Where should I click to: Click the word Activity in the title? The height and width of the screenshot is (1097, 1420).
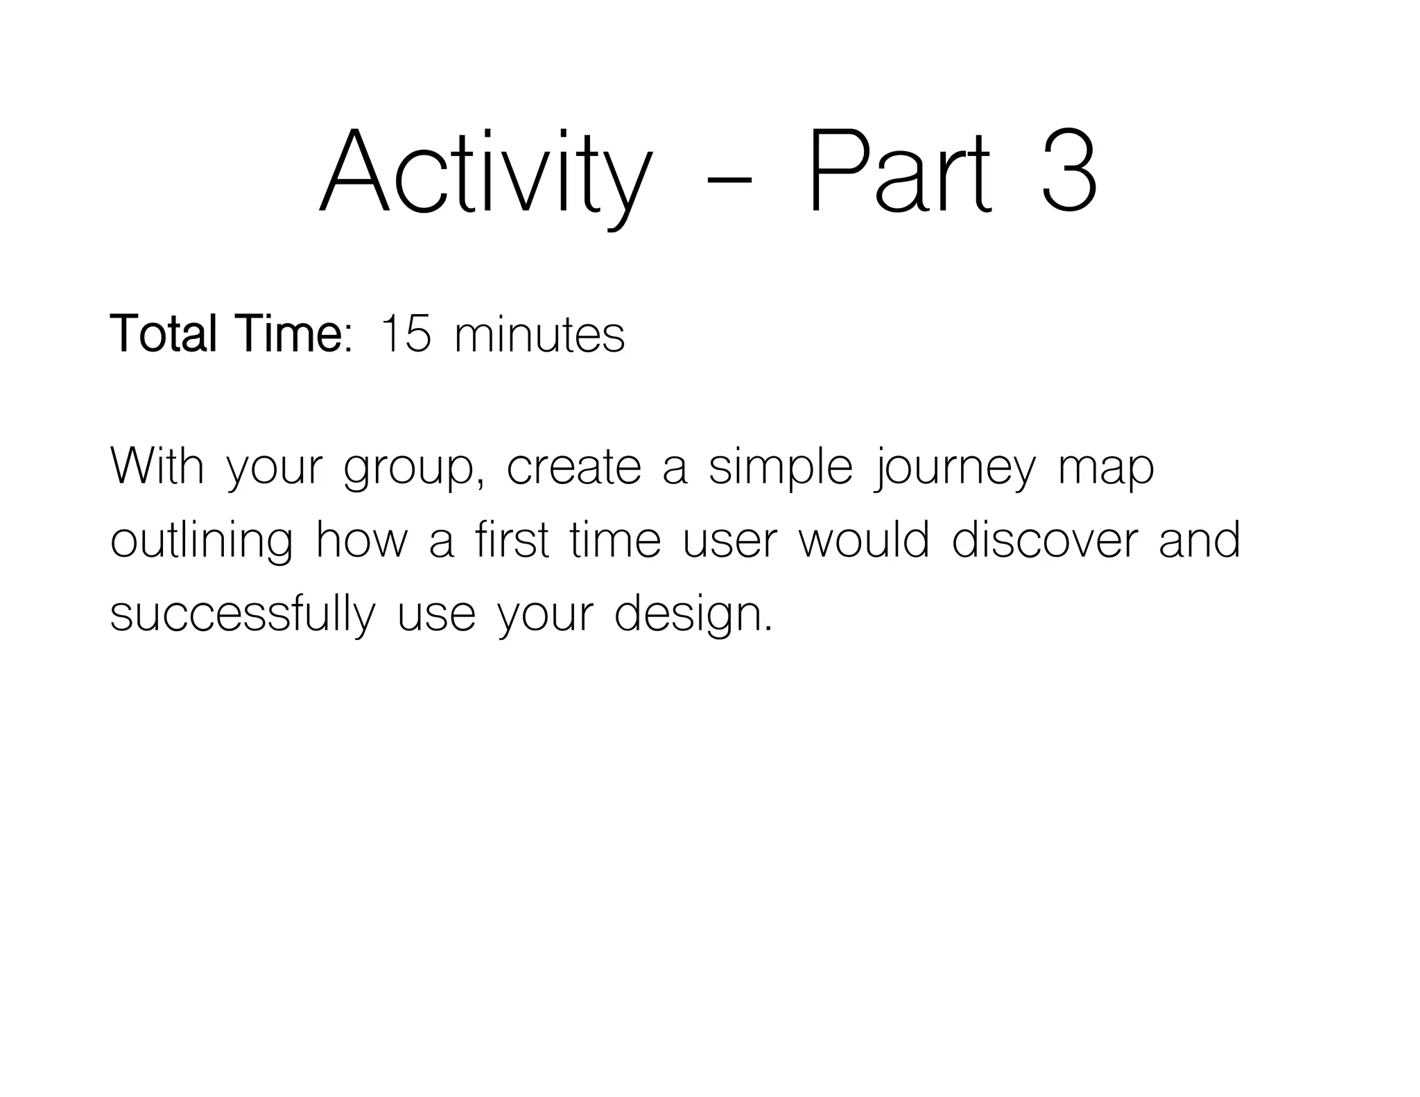485,173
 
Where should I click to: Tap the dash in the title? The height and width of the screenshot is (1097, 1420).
728,182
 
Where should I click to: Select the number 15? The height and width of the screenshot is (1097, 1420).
406,334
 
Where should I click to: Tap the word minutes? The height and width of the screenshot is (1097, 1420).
539,336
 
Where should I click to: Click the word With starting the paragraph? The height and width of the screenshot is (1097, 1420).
157,466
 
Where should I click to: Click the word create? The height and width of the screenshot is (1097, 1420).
574,467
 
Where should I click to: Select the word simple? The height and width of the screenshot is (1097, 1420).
780,467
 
